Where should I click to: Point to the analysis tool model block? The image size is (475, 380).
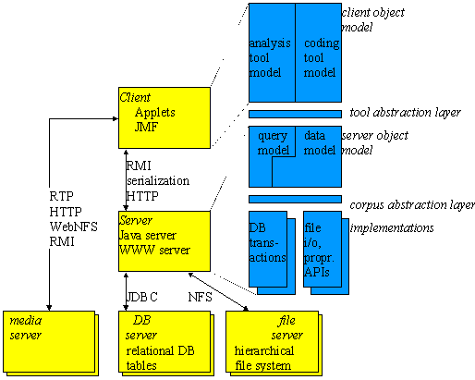271,57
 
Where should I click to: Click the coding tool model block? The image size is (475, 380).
318,57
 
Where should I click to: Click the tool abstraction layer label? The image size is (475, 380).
406,114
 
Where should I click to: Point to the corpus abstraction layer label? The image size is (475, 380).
412,204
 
